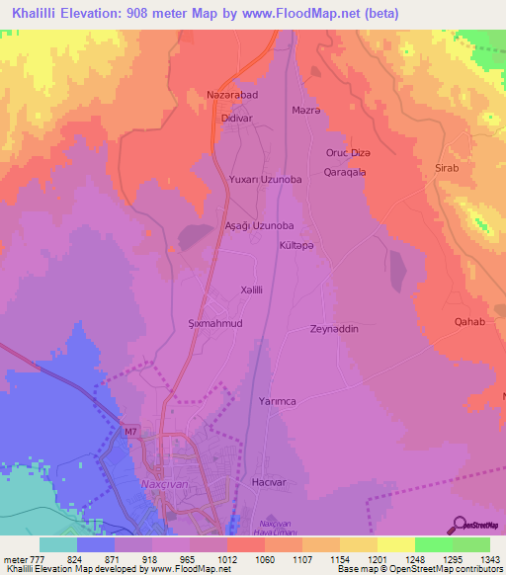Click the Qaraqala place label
point(345,171)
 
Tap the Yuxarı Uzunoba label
point(265,179)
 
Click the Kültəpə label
point(296,243)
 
